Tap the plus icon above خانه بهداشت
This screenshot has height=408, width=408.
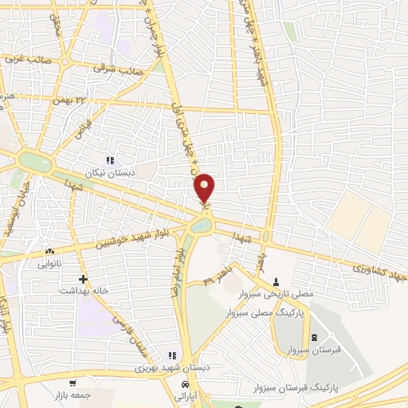pyautogui.click(x=83, y=279)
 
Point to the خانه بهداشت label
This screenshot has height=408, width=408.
pyautogui.click(x=82, y=291)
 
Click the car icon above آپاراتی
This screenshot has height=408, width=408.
pyautogui.click(x=185, y=383)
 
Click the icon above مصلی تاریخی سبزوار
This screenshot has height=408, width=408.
pyautogui.click(x=277, y=281)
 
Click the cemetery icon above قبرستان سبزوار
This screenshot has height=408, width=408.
pyautogui.click(x=313, y=337)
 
